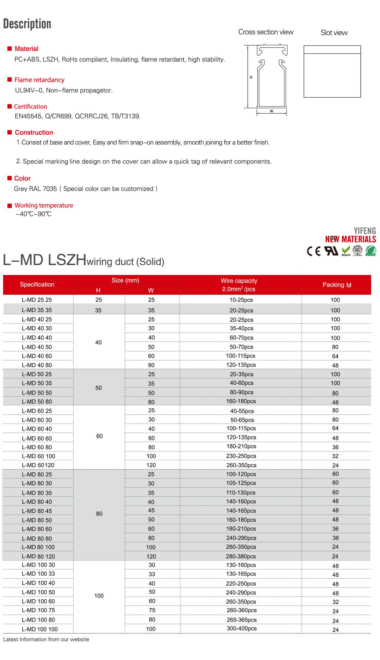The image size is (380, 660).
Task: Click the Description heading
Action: pyautogui.click(x=27, y=24)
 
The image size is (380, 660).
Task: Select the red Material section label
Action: pyautogui.click(x=26, y=49)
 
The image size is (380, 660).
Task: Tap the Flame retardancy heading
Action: pyautogui.click(x=40, y=80)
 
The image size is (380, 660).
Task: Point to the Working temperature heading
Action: pyautogui.click(x=44, y=205)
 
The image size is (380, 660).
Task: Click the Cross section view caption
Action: pyautogui.click(x=266, y=32)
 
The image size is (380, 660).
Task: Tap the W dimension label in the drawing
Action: pyautogui.click(x=271, y=111)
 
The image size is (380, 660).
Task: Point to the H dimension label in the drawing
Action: pyautogui.click(x=251, y=77)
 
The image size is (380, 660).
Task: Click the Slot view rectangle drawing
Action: pyautogui.click(x=332, y=71)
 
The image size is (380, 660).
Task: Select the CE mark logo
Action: pyautogui.click(x=313, y=251)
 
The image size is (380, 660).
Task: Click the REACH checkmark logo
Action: pyautogui.click(x=346, y=251)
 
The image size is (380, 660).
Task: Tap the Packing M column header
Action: pyautogui.click(x=337, y=285)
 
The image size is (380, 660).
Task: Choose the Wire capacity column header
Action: pyautogui.click(x=239, y=285)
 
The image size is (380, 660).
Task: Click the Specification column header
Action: pyautogui.click(x=37, y=284)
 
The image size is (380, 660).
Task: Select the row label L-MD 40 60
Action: pyautogui.click(x=37, y=356)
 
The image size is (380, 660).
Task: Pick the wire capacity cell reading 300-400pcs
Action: pyautogui.click(x=241, y=628)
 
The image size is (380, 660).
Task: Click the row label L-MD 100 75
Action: pyautogui.click(x=38, y=610)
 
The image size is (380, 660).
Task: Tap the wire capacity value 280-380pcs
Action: pyautogui.click(x=241, y=556)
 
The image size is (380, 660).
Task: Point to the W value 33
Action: pyautogui.click(x=152, y=574)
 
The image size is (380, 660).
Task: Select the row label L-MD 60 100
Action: pyautogui.click(x=38, y=456)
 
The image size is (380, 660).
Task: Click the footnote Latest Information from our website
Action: pyautogui.click(x=46, y=639)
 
